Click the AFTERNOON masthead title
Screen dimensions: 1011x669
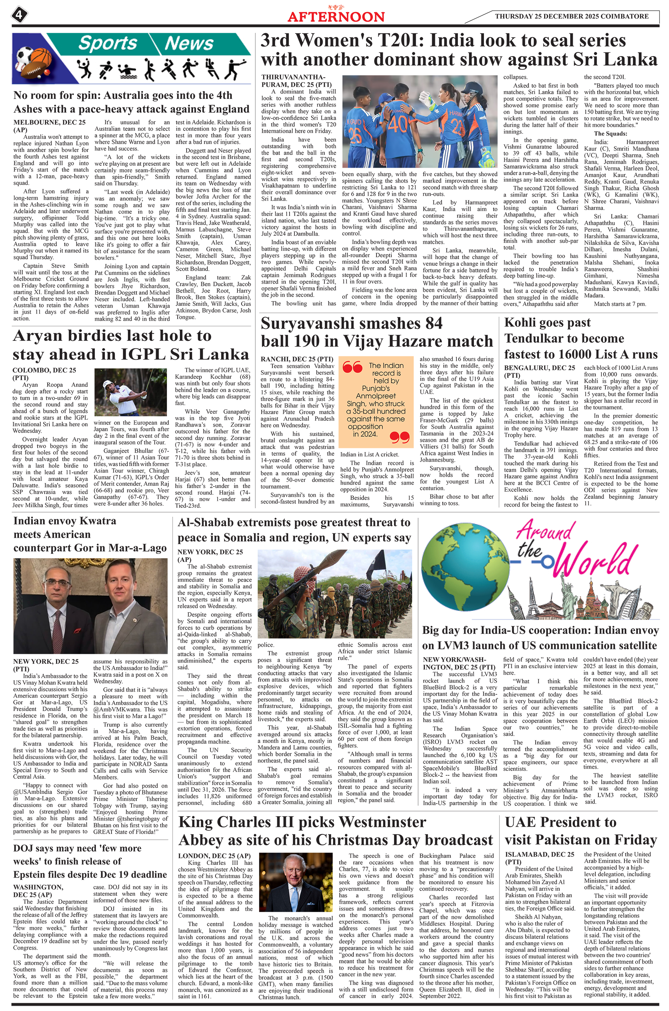pyautogui.click(x=336, y=17)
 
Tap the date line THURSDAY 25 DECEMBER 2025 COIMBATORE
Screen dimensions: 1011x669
pyautogui.click(x=571, y=16)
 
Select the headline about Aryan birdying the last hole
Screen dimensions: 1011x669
pyautogui.click(x=130, y=345)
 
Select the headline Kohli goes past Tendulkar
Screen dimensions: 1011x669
pyautogui.click(x=580, y=338)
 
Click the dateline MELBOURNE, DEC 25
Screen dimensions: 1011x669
pyautogui.click(x=49, y=122)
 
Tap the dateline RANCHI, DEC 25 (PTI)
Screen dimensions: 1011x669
pyautogui.click(x=297, y=359)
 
